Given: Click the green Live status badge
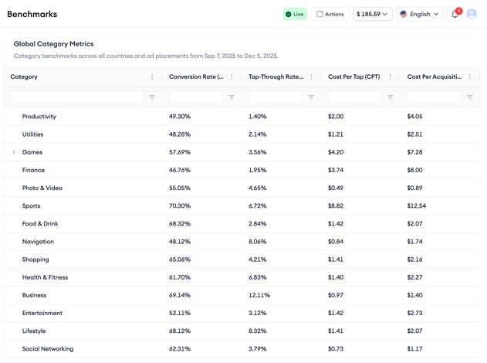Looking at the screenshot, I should tap(294, 14).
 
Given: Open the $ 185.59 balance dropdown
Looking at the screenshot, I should tap(373, 14).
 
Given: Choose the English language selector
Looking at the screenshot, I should tap(420, 14).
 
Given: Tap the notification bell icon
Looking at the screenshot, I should tap(455, 14).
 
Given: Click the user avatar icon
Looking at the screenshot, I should tap(472, 14).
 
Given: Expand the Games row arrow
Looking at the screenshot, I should tap(14, 152).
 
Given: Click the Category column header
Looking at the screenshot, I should tap(24, 76).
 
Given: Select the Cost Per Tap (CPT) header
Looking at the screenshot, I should tap(353, 76).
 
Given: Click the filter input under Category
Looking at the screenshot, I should tap(77, 97).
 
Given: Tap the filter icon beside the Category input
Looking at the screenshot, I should tap(152, 97).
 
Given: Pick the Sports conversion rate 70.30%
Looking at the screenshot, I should tap(180, 206).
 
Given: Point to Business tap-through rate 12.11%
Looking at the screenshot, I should tap(259, 295).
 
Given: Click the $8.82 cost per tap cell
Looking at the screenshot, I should tap(336, 206).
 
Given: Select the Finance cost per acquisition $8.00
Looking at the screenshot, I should tap(415, 170).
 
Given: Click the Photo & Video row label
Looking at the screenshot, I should tap(42, 188).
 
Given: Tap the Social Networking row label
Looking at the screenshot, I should tap(48, 349).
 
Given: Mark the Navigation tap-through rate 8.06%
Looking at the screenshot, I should tap(258, 242).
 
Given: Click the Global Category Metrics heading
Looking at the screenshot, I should tap(53, 44).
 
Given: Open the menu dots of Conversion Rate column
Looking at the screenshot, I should tap(232, 76).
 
